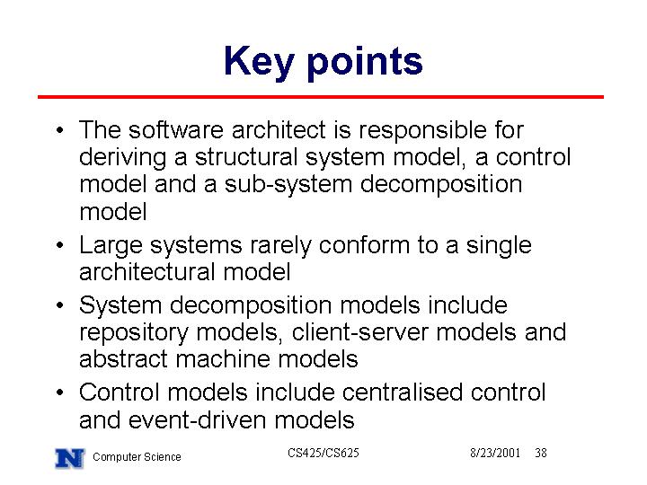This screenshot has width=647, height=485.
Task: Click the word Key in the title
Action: click(259, 62)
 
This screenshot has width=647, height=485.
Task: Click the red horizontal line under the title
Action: click(321, 97)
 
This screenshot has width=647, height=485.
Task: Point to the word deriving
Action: click(123, 158)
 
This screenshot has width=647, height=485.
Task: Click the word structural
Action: click(246, 157)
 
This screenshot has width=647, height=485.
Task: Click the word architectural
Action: click(147, 272)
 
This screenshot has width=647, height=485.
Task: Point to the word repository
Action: click(134, 333)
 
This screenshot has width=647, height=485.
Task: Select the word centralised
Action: click(402, 392)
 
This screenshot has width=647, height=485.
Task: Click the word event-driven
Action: click(197, 419)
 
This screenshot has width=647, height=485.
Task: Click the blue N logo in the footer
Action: click(70, 458)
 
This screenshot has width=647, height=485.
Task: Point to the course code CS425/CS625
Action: click(323, 453)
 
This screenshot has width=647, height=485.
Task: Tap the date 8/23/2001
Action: click(495, 453)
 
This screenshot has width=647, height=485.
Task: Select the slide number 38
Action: click(541, 453)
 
